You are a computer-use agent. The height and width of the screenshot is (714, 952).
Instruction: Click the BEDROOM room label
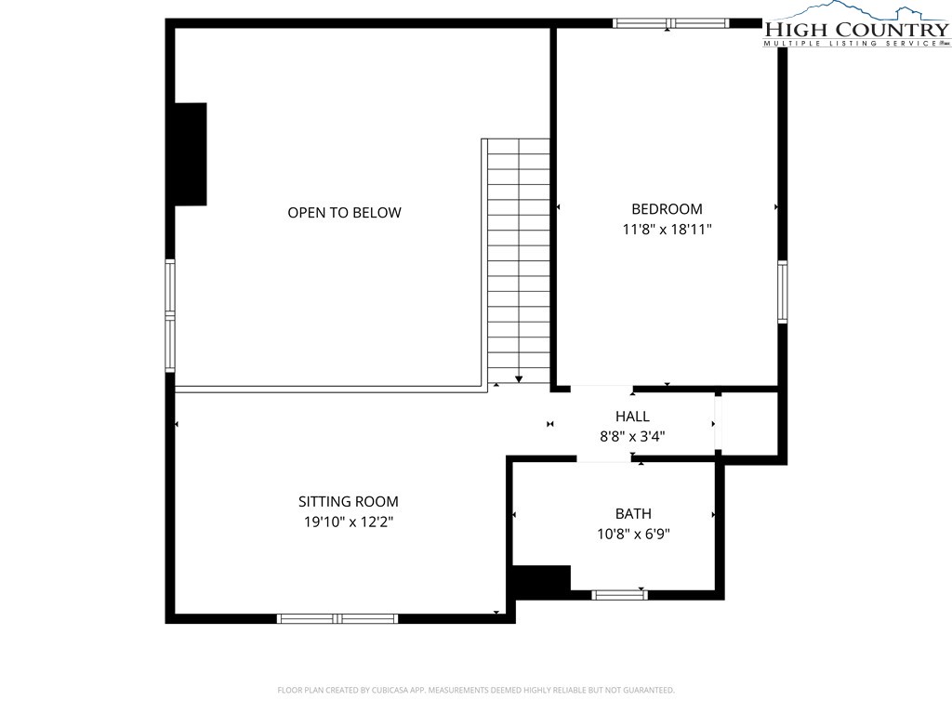tap(667, 209)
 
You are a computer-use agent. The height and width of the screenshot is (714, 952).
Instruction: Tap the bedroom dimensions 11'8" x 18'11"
tap(667, 229)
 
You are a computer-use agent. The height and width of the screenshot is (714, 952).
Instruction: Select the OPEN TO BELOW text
tap(344, 213)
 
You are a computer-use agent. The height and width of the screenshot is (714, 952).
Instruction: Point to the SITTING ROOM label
tap(349, 501)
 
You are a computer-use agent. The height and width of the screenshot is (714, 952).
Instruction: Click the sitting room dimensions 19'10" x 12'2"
tap(349, 522)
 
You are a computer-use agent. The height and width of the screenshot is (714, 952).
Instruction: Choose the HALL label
tap(632, 416)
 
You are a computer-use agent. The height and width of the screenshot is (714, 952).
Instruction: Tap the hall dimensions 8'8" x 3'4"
tap(632, 436)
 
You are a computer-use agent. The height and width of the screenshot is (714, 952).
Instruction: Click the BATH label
tap(633, 513)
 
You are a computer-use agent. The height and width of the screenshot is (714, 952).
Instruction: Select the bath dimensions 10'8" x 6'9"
tap(633, 534)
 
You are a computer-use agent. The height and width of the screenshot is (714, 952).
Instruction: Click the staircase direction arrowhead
tap(519, 379)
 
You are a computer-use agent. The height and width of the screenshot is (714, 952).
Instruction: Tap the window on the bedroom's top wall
tap(670, 23)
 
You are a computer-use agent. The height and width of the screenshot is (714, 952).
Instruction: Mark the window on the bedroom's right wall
tap(783, 291)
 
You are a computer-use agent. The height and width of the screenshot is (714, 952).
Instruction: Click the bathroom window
tap(619, 595)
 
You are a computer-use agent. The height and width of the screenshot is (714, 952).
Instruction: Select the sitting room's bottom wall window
tap(337, 618)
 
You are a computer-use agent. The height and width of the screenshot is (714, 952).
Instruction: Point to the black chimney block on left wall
tap(191, 154)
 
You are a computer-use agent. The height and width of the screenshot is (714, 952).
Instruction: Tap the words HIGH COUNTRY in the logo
tap(856, 29)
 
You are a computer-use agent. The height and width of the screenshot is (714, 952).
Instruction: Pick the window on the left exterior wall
tap(170, 316)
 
